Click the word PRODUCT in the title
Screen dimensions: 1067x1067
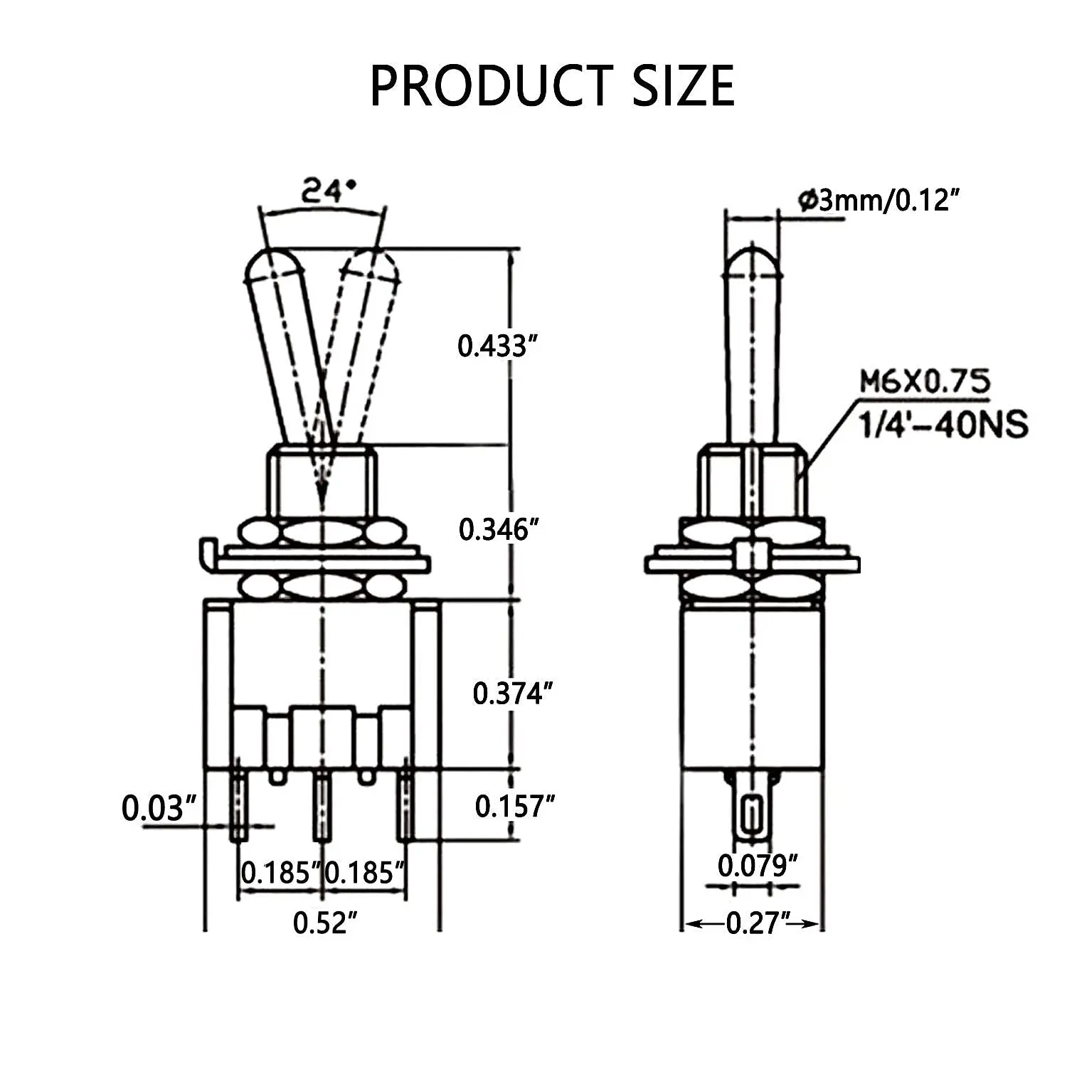click(492, 86)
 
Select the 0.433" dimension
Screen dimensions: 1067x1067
click(496, 346)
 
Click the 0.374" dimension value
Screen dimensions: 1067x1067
click(512, 694)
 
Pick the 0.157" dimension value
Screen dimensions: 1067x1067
click(514, 807)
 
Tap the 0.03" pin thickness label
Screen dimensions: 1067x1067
click(158, 809)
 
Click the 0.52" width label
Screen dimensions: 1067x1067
click(324, 923)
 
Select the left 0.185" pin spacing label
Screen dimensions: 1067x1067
click(278, 873)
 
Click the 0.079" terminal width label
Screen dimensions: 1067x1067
click(757, 866)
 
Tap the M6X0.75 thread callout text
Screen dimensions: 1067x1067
click(925, 383)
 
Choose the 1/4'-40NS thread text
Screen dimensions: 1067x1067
click(943, 425)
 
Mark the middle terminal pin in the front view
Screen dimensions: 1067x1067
click(322, 807)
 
